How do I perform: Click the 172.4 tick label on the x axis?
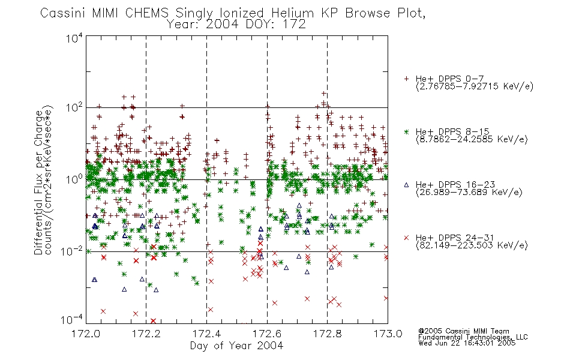207,334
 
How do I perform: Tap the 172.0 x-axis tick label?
86,334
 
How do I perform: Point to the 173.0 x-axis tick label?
388,334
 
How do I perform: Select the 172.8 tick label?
328,334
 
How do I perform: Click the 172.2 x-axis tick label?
146,334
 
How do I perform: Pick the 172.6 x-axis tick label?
267,334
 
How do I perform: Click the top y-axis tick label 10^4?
74,38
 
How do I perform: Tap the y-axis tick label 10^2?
74,108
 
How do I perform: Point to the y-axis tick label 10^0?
74,179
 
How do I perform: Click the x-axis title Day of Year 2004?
236,346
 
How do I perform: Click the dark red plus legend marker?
406,79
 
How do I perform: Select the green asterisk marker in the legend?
406,132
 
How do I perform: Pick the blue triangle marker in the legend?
406,185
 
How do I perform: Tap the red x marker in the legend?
406,238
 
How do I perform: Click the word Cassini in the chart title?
63,13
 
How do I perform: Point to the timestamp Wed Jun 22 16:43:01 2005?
467,343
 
